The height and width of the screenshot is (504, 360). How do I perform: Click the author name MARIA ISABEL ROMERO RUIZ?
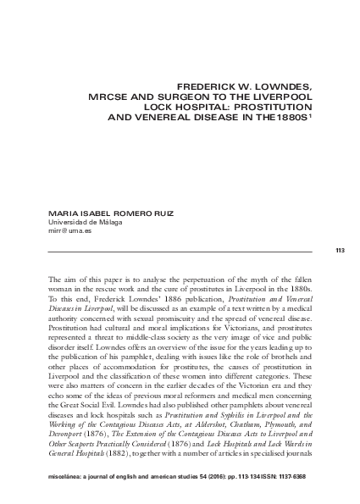[x=98, y=213]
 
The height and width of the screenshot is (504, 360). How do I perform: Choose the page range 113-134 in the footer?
[x=238, y=489]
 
